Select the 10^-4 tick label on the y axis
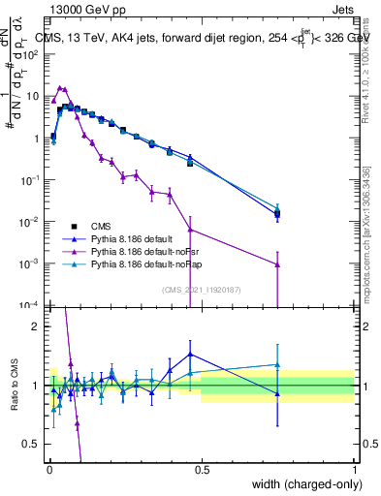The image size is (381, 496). [x=31, y=305]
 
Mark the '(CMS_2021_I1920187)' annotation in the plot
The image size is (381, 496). [x=201, y=289]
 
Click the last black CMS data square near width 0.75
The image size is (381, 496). [x=277, y=214]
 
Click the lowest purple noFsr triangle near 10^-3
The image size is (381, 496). [x=277, y=264]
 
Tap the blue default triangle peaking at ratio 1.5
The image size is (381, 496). [x=190, y=354]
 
